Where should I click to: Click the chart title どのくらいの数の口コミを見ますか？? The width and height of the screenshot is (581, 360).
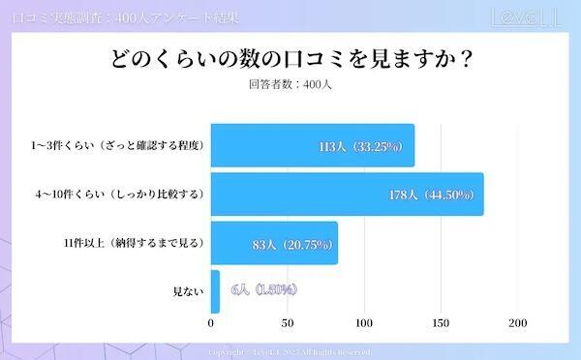(x=290, y=59)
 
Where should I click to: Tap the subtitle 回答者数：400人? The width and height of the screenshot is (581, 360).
(x=290, y=84)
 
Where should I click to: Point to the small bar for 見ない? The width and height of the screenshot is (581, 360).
(x=215, y=290)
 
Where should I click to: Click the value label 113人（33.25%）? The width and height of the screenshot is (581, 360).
(x=366, y=147)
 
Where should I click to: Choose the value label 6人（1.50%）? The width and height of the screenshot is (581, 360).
(x=263, y=290)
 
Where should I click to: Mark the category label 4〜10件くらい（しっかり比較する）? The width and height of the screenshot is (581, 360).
(x=119, y=195)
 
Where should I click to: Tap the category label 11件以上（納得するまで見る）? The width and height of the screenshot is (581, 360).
(x=131, y=243)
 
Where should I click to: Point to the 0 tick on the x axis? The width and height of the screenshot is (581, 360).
(x=211, y=323)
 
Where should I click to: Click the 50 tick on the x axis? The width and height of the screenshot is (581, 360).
(x=288, y=323)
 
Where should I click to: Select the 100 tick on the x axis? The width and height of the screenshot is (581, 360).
(x=364, y=323)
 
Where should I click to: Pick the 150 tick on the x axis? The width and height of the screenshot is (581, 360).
(x=441, y=323)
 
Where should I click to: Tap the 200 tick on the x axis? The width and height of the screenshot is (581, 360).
(x=517, y=323)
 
